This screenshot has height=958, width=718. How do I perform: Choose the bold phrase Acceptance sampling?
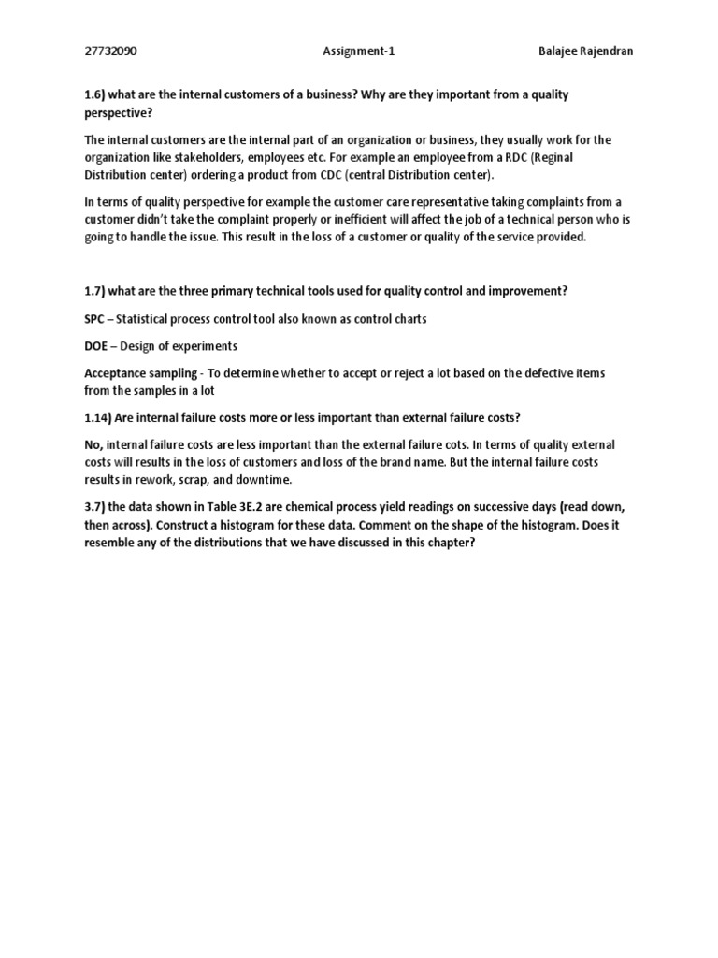coord(139,373)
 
